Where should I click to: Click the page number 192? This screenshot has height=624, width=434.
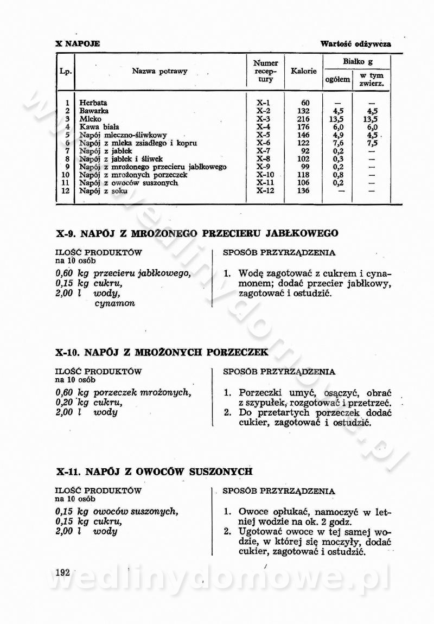point(63,572)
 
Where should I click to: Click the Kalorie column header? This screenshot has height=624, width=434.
point(304,71)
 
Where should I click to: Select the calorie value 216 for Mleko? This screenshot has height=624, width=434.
point(304,119)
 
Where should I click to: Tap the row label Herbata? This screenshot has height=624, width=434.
point(93,103)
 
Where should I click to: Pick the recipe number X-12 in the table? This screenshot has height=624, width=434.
point(266,191)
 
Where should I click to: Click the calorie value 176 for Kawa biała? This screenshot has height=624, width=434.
point(304,127)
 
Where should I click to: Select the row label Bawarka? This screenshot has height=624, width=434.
point(94,111)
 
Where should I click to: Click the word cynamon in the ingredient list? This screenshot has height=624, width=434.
point(114,303)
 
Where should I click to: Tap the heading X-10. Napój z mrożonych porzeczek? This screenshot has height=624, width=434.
point(162,352)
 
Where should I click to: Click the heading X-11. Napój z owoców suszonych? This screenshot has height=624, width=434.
point(154,472)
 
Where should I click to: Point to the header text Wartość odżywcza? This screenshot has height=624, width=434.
point(355,43)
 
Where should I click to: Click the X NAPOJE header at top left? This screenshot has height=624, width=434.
point(78,43)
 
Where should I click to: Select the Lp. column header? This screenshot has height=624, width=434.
point(66,71)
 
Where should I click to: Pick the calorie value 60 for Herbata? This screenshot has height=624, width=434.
point(305,103)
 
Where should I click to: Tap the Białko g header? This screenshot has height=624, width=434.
point(358,62)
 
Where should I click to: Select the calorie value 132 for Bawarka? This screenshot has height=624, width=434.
point(304,111)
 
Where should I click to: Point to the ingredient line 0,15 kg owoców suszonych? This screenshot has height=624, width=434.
point(117,511)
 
